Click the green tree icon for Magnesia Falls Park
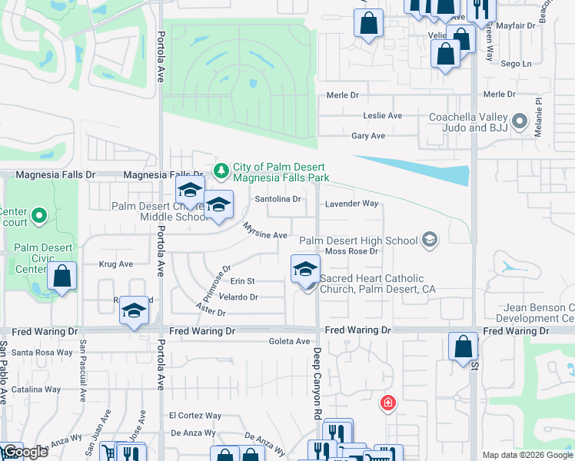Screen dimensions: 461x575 click(221, 168)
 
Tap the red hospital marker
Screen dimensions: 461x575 click(389, 403)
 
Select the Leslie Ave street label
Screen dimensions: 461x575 click(382, 116)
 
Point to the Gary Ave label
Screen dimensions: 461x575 click(367, 136)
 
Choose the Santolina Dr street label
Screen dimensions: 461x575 click(278, 198)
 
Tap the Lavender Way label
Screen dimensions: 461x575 click(351, 204)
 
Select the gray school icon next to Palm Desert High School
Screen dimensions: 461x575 click(430, 240)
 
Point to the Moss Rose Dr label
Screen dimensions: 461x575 click(352, 251)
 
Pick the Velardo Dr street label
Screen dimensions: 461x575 click(238, 297)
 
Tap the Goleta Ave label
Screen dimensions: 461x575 click(289, 341)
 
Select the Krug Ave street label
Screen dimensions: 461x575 click(116, 264)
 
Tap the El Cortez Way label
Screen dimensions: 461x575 click(195, 416)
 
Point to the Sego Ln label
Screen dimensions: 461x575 click(515, 65)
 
